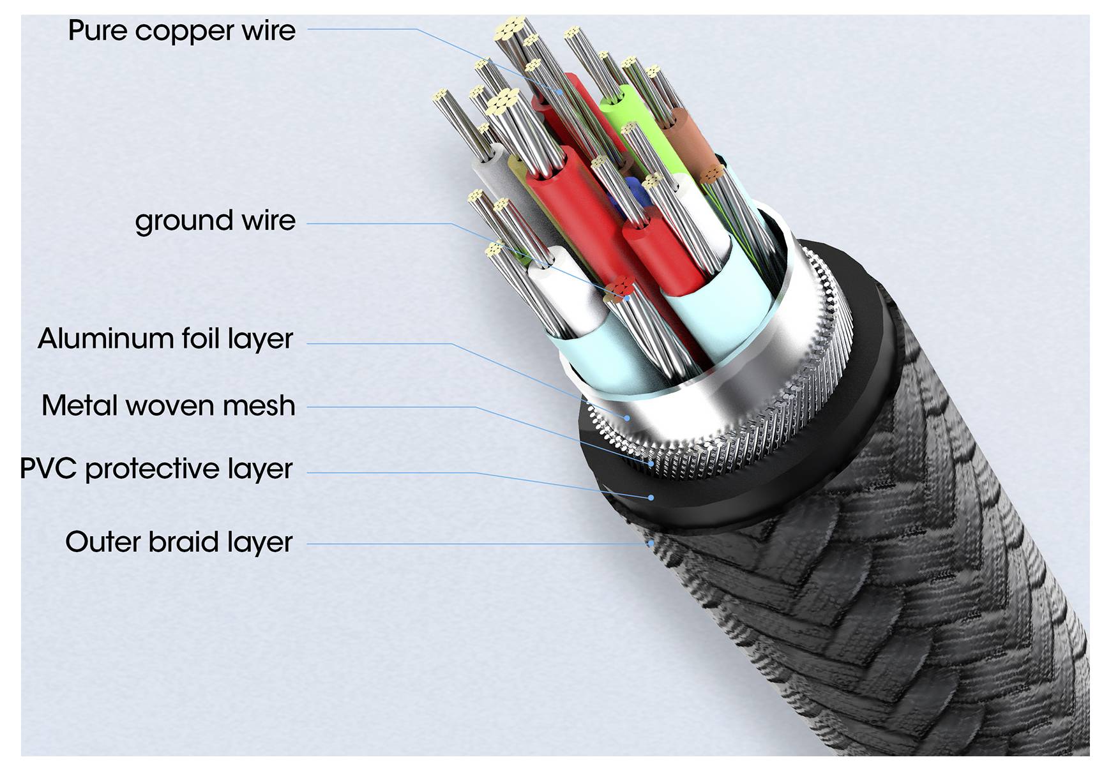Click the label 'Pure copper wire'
click(181, 31)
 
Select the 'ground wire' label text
click(215, 221)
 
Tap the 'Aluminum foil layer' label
click(165, 338)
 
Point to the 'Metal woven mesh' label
click(169, 406)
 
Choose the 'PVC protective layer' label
click(156, 469)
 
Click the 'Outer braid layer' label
click(179, 542)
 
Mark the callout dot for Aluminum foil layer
click(628, 419)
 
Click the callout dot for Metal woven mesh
click(651, 464)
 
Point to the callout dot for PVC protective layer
click(651, 497)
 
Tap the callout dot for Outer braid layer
click(650, 544)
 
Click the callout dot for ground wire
click(628, 297)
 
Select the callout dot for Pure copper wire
click(561, 92)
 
